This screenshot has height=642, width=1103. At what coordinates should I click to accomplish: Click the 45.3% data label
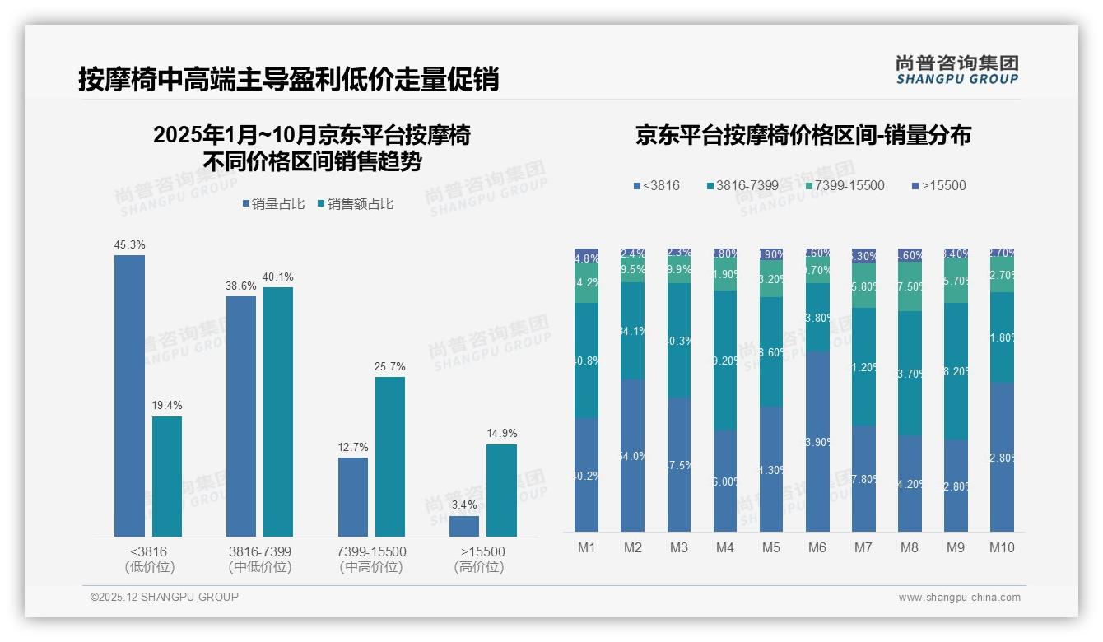tap(130, 244)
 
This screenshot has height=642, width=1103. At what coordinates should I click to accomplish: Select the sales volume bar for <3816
tap(129, 395)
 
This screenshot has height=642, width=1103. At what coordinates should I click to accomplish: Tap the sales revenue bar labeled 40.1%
tap(278, 412)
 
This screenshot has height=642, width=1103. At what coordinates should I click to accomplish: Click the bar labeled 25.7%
tap(390, 457)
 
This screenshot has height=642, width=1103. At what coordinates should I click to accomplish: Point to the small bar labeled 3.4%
tap(464, 526)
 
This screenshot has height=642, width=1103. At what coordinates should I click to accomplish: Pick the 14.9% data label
tap(501, 433)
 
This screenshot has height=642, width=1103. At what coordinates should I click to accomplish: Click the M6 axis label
tap(817, 547)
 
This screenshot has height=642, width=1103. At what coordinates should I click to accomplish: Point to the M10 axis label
tap(1002, 547)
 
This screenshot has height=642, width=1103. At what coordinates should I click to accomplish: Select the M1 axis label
tap(586, 547)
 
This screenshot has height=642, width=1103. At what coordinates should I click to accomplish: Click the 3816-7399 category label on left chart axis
tap(260, 551)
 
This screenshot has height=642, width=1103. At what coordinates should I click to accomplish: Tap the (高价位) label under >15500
tap(479, 567)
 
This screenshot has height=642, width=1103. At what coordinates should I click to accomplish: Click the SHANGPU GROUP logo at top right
tap(956, 70)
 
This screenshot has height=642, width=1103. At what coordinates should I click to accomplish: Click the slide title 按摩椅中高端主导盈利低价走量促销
tap(289, 79)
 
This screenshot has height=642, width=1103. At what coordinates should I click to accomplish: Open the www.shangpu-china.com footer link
tap(959, 598)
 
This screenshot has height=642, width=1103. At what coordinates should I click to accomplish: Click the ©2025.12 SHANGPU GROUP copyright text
tap(165, 597)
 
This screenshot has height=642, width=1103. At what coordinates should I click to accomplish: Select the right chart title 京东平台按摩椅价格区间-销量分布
tap(803, 135)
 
